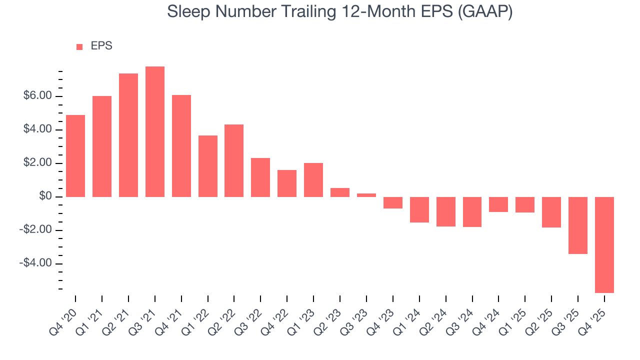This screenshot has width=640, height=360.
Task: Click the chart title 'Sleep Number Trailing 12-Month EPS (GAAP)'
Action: coord(339,11)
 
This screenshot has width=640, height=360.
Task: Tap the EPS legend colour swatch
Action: coord(79,47)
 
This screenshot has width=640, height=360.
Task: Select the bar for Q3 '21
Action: coord(155,131)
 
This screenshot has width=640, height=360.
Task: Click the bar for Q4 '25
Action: coord(604,244)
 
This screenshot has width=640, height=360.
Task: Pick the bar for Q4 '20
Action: coord(75,156)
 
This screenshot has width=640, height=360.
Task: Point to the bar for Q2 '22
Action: coord(234,160)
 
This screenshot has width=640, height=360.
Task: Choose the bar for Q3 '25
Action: coord(578,225)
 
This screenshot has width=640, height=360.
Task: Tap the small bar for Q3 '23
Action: coord(366,195)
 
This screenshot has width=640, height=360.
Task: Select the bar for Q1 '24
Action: coord(419,209)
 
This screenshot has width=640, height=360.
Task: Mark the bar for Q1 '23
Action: coord(313,180)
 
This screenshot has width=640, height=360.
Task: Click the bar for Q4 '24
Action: coord(498,204)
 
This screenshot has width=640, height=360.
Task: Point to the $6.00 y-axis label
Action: coord(38,96)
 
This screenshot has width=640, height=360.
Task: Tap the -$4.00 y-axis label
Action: coord(36,263)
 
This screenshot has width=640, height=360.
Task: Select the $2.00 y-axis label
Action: coord(38,163)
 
